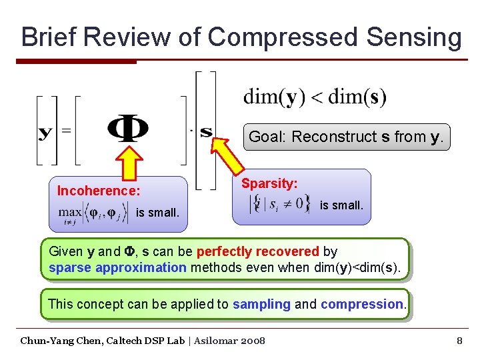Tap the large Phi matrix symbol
128,129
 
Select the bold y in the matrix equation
45,131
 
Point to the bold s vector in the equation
206,131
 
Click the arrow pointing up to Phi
129,163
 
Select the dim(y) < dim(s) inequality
315,97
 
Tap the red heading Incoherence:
99,191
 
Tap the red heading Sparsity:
269,183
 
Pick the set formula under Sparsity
279,203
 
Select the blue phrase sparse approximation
117,268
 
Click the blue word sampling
261,305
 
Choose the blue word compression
361,305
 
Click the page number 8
459,341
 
